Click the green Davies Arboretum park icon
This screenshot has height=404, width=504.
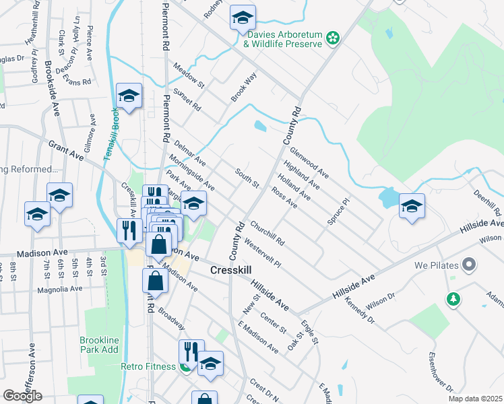[x=332, y=39]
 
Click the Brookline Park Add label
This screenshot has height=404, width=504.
[x=99, y=345]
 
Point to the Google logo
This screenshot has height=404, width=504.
[x=22, y=396]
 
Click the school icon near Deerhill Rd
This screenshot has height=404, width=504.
[x=411, y=207]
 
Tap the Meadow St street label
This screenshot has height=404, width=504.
[x=189, y=75]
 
